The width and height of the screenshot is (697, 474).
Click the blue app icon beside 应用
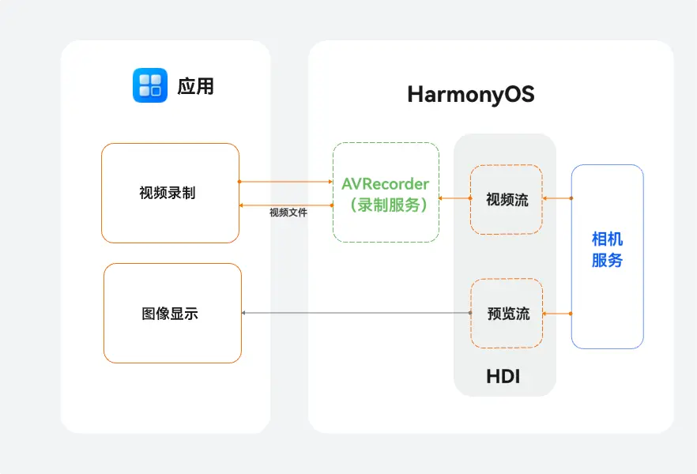tap(150, 85)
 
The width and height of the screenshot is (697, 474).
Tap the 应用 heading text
tap(195, 86)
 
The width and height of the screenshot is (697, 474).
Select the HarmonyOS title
tap(471, 95)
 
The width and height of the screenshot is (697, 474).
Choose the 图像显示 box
tap(172, 314)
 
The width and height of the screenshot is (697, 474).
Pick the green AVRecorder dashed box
tap(386, 192)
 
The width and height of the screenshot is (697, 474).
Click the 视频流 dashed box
tap(507, 199)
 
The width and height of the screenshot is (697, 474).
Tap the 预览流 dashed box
tap(507, 314)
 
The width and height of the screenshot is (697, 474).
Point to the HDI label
tap(503, 377)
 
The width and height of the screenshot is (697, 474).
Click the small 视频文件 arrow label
tap(288, 213)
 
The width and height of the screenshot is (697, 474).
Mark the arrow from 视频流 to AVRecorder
tap(454, 198)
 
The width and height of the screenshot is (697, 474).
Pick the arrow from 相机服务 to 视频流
tap(557, 198)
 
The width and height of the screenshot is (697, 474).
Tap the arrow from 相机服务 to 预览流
tap(557, 314)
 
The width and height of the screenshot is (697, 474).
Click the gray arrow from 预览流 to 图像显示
tap(356, 314)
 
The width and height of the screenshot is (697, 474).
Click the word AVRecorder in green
tap(386, 184)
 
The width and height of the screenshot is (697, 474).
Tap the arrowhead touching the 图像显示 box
tap(244, 314)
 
